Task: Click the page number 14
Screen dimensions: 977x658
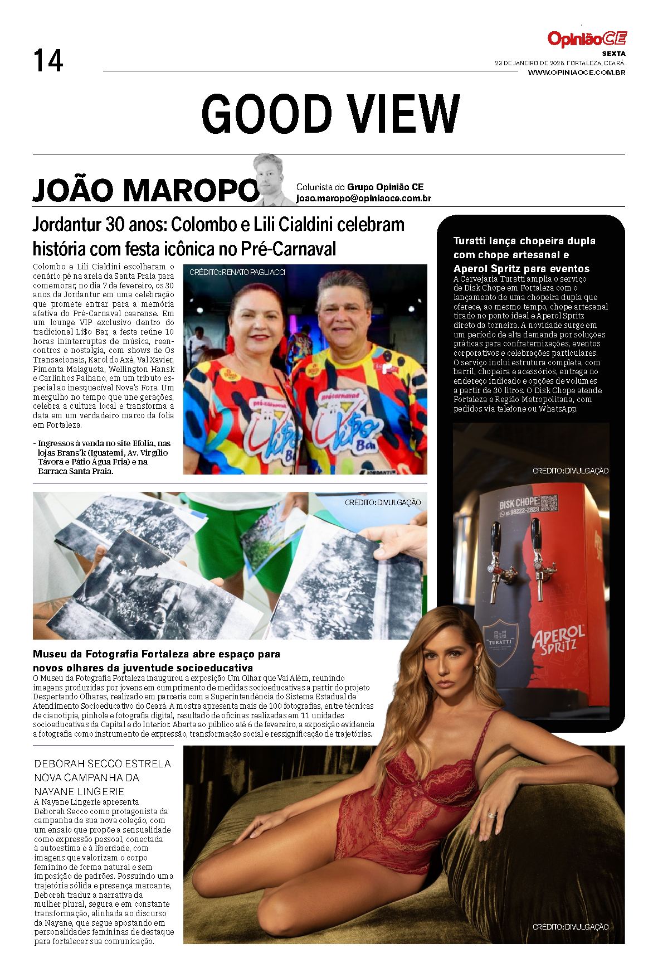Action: point(48,61)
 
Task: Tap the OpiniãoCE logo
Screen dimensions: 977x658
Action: point(587,39)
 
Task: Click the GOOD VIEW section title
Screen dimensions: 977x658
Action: point(330,114)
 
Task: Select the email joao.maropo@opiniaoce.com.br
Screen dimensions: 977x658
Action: point(363,199)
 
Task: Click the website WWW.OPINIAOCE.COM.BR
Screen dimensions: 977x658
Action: point(576,72)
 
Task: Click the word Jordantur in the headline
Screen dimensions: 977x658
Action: point(67,225)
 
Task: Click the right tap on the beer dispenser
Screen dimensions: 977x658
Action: point(538,555)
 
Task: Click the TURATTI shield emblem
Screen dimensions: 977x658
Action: point(500,642)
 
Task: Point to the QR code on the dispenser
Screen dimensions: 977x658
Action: point(549,502)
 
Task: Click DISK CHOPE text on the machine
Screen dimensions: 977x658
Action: point(519,504)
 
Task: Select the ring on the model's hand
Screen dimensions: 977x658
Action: point(492,815)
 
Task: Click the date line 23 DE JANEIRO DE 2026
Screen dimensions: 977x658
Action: point(559,64)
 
